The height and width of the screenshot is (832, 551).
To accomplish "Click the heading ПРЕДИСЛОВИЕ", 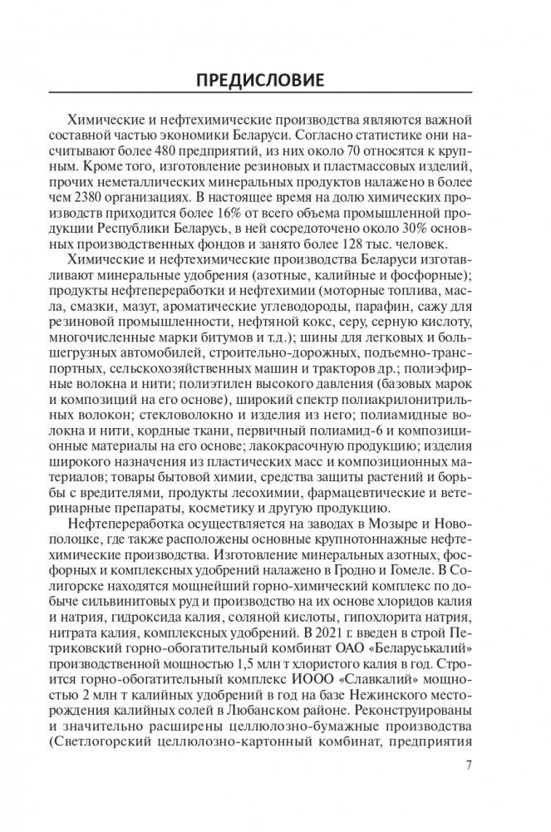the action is tap(275, 81).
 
